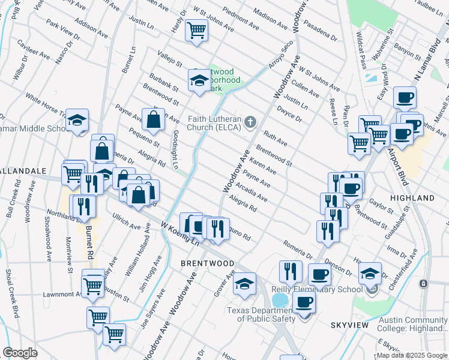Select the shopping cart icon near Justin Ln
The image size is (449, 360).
(196, 29)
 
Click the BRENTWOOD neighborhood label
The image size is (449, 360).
(208, 263)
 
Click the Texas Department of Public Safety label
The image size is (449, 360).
(260, 314)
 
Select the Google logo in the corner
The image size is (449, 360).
(20, 353)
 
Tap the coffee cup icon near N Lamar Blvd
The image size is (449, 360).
(405, 97)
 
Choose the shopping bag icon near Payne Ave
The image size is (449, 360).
(153, 119)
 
